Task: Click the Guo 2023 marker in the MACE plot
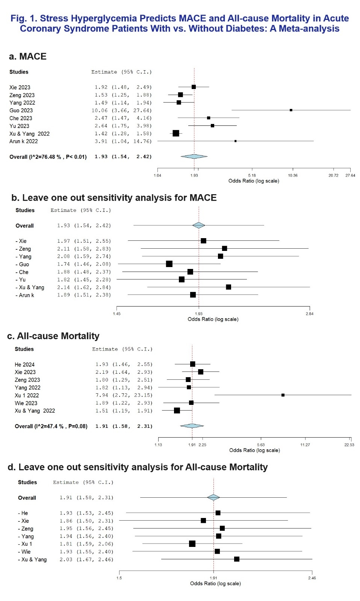point(291,110)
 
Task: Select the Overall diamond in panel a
point(194,157)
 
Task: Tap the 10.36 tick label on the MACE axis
point(292,175)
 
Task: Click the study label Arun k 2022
point(24,141)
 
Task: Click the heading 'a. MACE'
point(28,56)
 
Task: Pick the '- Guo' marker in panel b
point(169,264)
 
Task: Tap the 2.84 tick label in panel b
point(309,314)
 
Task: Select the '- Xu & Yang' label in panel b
point(30,287)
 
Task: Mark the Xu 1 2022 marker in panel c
point(283,395)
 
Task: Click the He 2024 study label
point(24,364)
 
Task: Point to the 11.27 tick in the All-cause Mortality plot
point(305,445)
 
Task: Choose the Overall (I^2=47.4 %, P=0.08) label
point(51,426)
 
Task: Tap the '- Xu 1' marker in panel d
point(192,544)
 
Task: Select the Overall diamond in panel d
point(213,497)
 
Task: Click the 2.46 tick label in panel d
point(312,578)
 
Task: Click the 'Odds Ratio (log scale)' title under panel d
point(215,583)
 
